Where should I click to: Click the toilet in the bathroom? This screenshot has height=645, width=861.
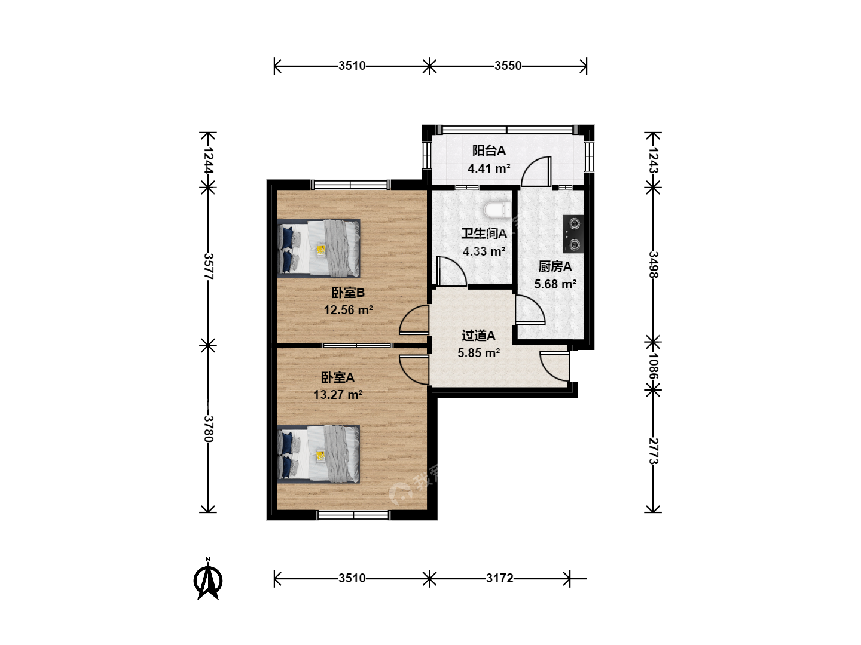click(497, 210)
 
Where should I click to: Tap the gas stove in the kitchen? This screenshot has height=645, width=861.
click(573, 234)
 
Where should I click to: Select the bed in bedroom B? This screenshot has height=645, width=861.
click(319, 248)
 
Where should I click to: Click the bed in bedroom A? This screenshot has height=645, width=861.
click(319, 454)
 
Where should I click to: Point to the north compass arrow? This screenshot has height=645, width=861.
click(208, 579)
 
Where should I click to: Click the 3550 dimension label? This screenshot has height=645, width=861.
click(508, 66)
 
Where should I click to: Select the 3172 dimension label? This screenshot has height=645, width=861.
click(500, 578)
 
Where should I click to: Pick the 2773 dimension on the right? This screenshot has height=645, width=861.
click(653, 451)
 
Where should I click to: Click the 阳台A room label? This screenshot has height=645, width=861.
click(488, 150)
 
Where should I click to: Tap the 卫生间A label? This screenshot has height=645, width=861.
click(484, 234)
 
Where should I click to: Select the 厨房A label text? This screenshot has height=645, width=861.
click(555, 267)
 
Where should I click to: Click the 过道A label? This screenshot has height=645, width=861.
click(478, 336)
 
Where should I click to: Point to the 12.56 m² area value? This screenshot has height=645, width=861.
click(349, 310)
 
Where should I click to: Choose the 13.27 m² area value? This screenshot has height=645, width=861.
click(338, 394)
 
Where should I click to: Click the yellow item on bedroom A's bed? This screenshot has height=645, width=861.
click(321, 456)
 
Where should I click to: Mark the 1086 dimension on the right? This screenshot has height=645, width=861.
click(653, 366)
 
